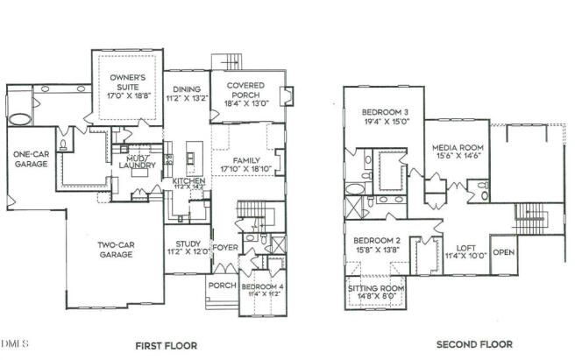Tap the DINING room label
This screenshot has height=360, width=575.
pyautogui.click(x=187, y=89)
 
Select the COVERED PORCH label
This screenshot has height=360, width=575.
pyautogui.click(x=246, y=90)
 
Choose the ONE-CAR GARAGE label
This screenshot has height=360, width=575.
pyautogui.click(x=31, y=158)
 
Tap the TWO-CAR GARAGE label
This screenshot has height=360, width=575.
pyautogui.click(x=115, y=250)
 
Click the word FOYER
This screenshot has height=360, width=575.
pyautogui.click(x=225, y=247)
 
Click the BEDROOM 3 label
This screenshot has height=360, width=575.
pyautogui.click(x=385, y=112)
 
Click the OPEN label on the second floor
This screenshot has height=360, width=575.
pyautogui.click(x=503, y=251)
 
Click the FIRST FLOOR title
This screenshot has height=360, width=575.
pyautogui.click(x=165, y=345)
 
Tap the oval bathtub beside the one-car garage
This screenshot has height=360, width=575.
pyautogui.click(x=18, y=118)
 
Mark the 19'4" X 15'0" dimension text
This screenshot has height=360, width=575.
pyautogui.click(x=385, y=123)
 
